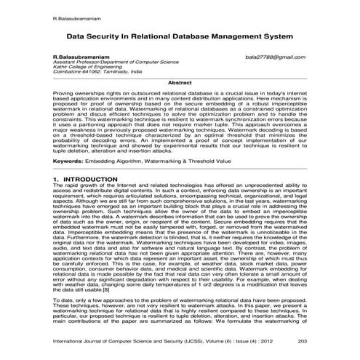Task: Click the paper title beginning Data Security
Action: point(180,34)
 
